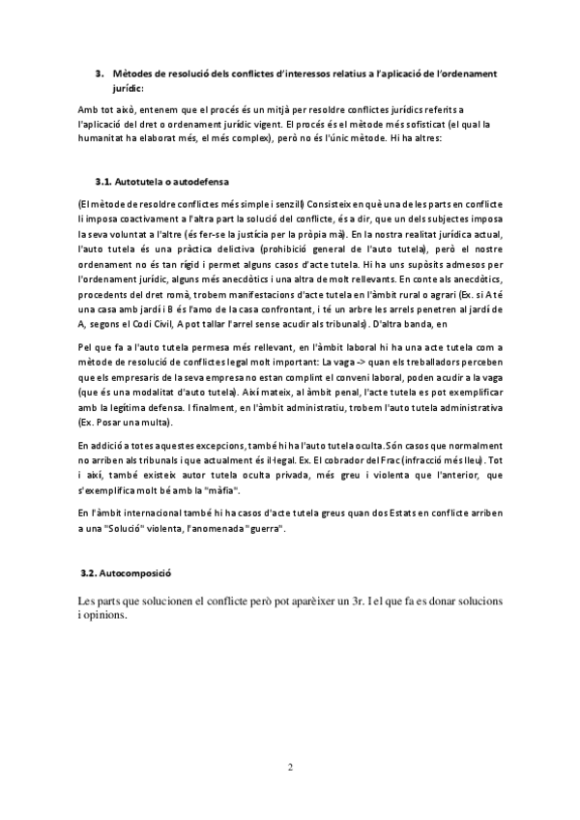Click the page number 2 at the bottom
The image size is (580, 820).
290,770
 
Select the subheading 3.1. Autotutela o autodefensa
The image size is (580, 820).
161,181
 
